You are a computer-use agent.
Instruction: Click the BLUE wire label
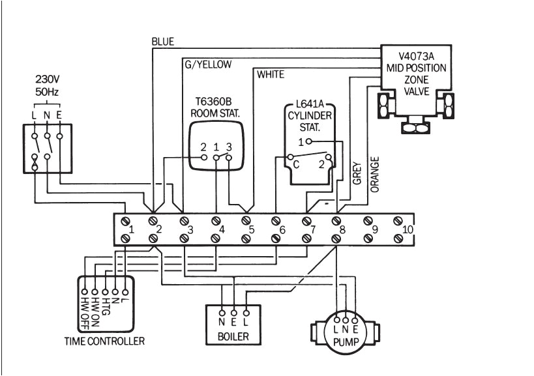click(x=162, y=42)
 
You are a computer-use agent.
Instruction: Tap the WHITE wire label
click(x=271, y=75)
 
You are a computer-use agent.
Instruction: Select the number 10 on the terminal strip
click(x=408, y=229)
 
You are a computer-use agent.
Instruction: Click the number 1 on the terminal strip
click(x=131, y=229)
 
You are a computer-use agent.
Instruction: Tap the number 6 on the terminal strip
click(x=282, y=229)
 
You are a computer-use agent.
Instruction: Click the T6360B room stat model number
click(x=215, y=102)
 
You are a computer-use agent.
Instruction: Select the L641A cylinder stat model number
click(x=310, y=104)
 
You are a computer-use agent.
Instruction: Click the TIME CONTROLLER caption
click(x=104, y=341)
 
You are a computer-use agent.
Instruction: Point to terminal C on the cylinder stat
click(x=295, y=166)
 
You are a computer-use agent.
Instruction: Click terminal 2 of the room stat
click(x=203, y=147)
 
